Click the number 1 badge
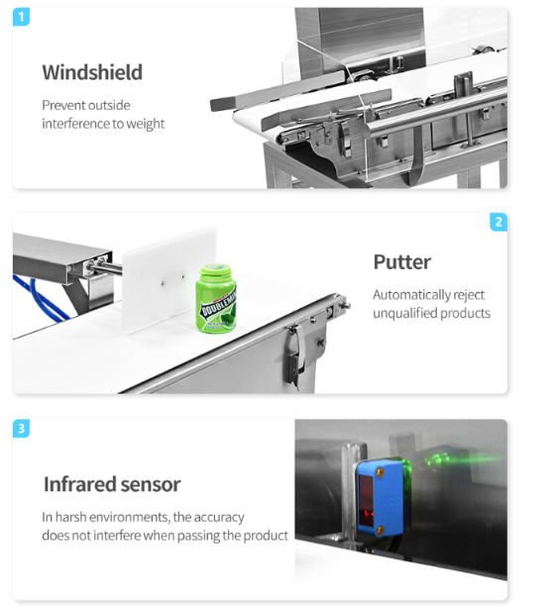(x=22, y=17)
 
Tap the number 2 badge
(x=499, y=222)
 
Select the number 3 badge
(x=22, y=428)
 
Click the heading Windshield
(x=91, y=72)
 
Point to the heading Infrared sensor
(x=111, y=484)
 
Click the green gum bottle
(x=216, y=300)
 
